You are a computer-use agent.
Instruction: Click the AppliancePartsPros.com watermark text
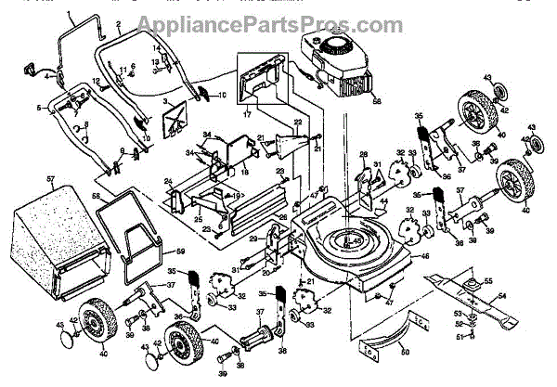point(270,24)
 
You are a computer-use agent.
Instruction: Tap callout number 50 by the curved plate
point(403,352)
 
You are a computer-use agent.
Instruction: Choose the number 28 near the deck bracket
point(364,154)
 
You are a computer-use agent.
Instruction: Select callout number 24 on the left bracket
point(169,181)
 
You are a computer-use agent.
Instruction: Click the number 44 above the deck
point(383,200)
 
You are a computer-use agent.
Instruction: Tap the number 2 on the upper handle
point(119,21)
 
